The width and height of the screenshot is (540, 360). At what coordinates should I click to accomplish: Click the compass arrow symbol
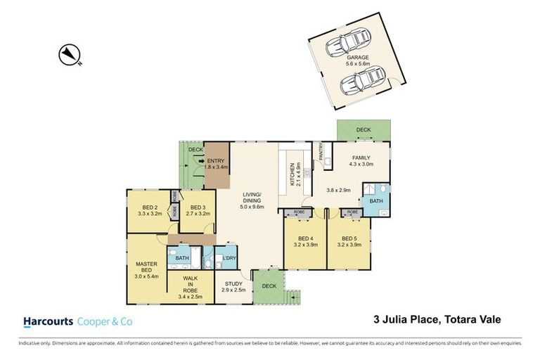coord(71,53)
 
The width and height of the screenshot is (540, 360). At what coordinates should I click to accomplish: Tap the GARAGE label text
coord(358,58)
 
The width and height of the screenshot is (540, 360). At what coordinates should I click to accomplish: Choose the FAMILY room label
coord(360,159)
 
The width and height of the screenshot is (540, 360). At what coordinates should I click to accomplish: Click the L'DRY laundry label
coord(227,258)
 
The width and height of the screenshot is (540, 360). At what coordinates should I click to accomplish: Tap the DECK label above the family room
coord(364,129)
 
